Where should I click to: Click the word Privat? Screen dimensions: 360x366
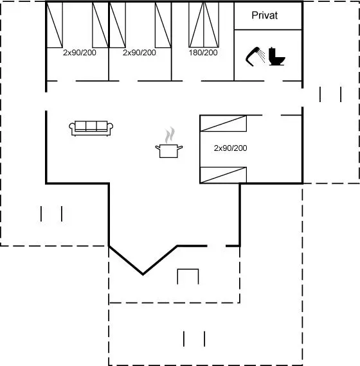[265, 15]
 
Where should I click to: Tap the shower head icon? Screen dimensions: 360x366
[253, 57]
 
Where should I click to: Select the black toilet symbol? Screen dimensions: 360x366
[276, 57]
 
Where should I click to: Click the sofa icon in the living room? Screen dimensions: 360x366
[91, 128]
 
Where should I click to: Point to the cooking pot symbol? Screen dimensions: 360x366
[169, 151]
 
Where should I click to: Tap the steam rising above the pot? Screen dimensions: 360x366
[170, 135]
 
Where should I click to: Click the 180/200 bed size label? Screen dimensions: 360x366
[203, 53]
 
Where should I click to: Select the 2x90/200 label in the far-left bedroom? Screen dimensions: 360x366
[80, 53]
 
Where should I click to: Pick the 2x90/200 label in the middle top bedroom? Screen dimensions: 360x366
[139, 53]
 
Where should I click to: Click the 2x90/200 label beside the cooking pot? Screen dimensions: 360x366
[231, 148]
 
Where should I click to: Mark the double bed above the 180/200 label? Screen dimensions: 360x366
[204, 24]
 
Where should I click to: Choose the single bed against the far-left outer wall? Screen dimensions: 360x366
[55, 25]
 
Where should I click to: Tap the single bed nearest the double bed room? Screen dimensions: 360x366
[163, 25]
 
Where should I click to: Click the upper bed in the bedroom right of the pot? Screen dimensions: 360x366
[224, 123]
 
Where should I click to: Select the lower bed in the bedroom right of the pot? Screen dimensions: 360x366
[224, 175]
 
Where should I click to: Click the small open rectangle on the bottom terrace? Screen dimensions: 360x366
[188, 270]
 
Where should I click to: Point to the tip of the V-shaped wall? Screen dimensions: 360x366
[143, 275]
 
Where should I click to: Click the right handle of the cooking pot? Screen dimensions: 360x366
[180, 148]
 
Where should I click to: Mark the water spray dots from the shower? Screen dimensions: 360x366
[262, 56]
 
